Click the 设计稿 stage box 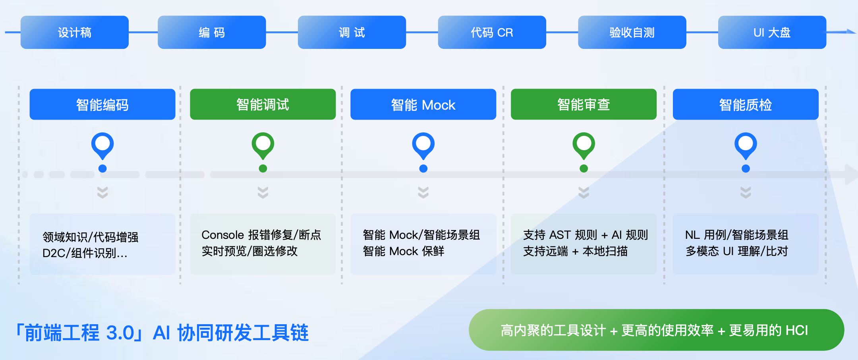tap(75, 32)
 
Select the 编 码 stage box tap(212, 32)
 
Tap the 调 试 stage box tap(352, 32)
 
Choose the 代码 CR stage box tap(492, 32)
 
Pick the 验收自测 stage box tap(632, 32)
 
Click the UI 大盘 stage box tap(772, 32)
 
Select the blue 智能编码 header tap(102, 105)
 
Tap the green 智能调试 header tap(263, 105)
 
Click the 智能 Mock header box tap(423, 105)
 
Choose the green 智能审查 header tap(584, 105)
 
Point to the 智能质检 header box tap(746, 105)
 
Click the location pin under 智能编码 tap(102, 145)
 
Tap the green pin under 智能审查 tap(584, 145)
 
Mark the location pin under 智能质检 tap(746, 145)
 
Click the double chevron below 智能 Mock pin tap(423, 192)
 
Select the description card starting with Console tap(263, 244)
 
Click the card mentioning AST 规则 tap(584, 244)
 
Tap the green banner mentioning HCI tap(656, 330)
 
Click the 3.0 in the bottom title tap(120, 333)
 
